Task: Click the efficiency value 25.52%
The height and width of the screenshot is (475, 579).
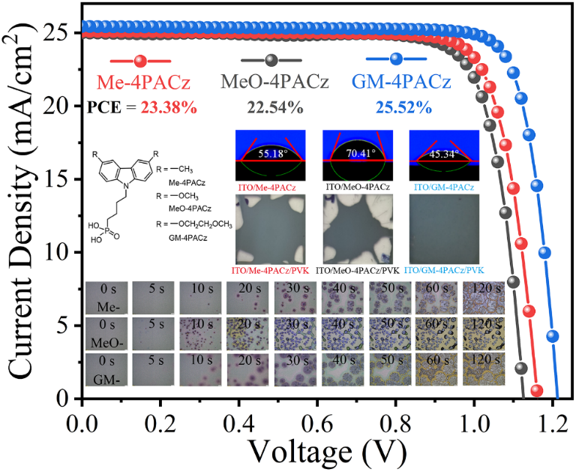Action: coord(404,107)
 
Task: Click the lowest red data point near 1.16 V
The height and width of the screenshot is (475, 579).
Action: coord(536,390)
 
